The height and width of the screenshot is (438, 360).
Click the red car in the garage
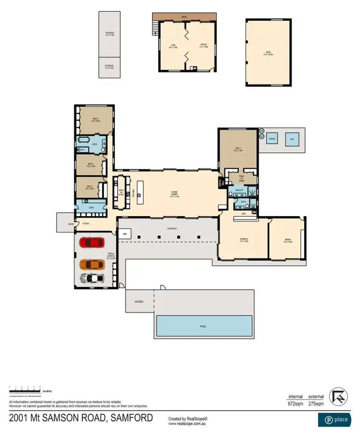click(91, 243)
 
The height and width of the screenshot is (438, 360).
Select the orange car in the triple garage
click(91, 264)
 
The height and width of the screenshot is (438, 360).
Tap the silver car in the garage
click(91, 278)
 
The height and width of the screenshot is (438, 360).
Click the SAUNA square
click(272, 139)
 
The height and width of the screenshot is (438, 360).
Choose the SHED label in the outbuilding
click(268, 54)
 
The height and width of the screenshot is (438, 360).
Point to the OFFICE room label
click(204, 46)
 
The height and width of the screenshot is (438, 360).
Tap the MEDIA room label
click(288, 241)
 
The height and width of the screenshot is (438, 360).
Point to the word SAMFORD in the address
click(130, 417)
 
